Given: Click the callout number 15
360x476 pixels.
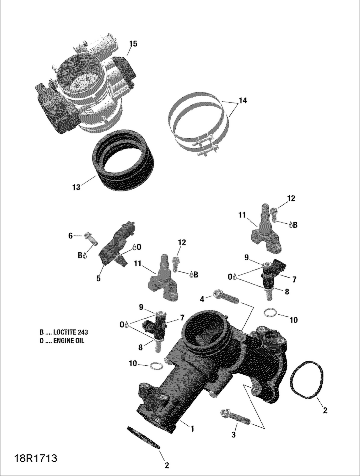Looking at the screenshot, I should tap(133, 44).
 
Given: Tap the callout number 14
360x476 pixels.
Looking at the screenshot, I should tap(243, 100).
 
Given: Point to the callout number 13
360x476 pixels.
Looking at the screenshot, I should tap(76, 188).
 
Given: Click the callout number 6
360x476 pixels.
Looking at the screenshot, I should tap(70, 236).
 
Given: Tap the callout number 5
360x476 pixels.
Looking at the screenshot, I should tap(99, 278).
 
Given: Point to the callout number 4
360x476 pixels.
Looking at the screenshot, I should tap(202, 299).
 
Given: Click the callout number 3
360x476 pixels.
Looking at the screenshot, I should tap(233, 435).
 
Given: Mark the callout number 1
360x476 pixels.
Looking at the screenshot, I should tap(192, 429).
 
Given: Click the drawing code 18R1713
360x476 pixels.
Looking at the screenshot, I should tap(36, 458).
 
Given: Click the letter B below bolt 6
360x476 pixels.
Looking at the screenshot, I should tap(80, 255).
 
